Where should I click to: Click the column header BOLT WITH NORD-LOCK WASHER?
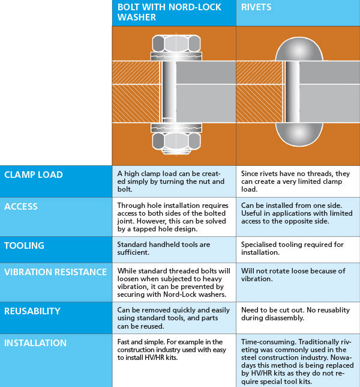(x=169, y=12)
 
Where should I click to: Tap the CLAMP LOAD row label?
(x=34, y=175)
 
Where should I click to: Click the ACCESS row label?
(x=21, y=207)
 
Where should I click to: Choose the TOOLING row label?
(x=24, y=246)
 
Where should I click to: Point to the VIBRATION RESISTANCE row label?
(x=55, y=272)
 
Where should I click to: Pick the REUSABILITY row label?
(x=32, y=311)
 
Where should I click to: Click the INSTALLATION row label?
(x=35, y=343)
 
